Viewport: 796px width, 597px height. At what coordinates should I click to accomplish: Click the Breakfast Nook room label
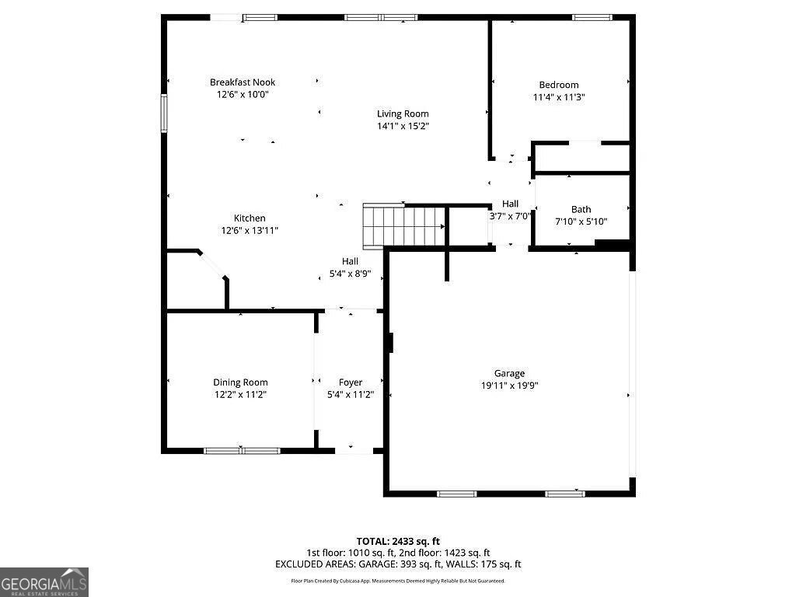point(243,82)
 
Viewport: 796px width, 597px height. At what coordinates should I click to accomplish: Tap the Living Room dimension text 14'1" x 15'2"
point(403,126)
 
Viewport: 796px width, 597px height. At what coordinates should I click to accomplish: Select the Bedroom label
point(559,86)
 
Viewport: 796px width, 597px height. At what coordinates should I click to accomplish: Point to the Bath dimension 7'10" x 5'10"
point(581,222)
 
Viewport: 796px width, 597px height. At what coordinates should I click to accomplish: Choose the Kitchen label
point(250,218)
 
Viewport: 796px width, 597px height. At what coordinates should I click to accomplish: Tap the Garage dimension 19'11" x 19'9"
point(509,385)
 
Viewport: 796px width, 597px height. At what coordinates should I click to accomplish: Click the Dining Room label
point(240,382)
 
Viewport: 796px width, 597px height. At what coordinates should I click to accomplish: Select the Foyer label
point(351,382)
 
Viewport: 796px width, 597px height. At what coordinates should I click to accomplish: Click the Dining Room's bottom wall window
point(242,450)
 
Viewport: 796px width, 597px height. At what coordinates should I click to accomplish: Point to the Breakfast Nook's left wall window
point(164,113)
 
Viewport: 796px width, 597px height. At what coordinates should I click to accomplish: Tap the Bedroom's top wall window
point(592,17)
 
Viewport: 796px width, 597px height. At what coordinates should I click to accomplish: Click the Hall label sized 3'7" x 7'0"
point(510,204)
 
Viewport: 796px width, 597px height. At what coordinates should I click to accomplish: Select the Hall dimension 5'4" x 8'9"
point(350,274)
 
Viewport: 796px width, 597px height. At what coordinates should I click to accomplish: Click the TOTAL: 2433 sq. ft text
point(398,541)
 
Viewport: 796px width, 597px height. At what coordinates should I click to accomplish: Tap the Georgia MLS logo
point(44,581)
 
